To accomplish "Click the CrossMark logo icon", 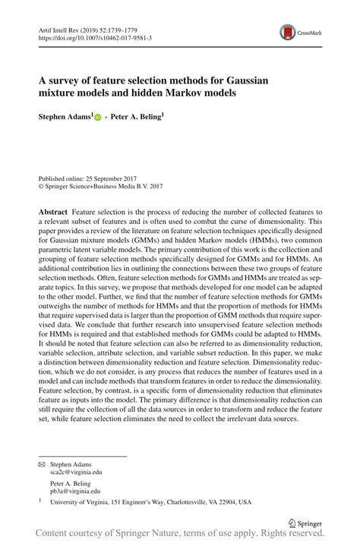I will click(x=289, y=32).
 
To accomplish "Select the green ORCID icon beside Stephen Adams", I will click(x=98, y=119).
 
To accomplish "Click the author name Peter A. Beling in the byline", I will click(x=137, y=118).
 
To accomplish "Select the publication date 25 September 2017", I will click(x=111, y=175).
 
